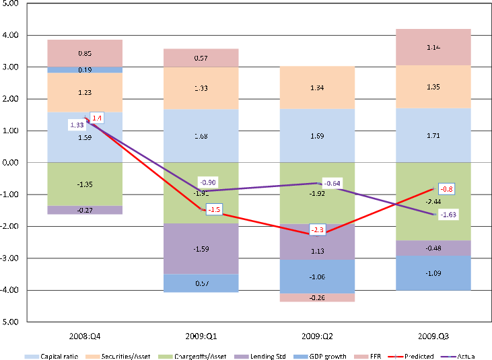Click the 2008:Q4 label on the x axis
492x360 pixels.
click(x=85, y=334)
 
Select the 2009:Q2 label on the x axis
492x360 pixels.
click(x=316, y=334)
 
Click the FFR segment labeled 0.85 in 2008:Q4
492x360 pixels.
click(x=85, y=53)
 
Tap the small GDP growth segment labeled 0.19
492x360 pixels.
click(x=85, y=69)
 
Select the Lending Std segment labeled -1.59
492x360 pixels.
click(x=201, y=249)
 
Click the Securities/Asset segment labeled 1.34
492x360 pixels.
click(x=316, y=87)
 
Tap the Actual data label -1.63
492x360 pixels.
click(x=448, y=215)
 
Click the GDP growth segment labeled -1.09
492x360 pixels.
click(x=432, y=273)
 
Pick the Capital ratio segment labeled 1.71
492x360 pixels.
click(x=432, y=136)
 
